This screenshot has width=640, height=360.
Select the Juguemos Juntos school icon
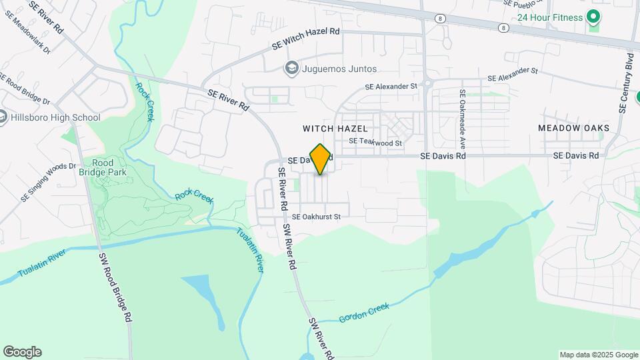click(x=291, y=68)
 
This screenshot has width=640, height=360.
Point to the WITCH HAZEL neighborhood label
click(x=335, y=127)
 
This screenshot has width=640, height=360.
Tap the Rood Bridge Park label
click(x=103, y=167)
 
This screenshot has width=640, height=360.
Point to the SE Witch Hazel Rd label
click(x=306, y=40)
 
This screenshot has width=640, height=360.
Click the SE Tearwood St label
click(x=375, y=142)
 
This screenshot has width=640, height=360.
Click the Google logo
click(x=22, y=351)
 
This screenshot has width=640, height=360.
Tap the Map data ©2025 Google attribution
click(x=598, y=355)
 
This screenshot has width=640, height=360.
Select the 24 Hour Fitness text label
click(x=550, y=17)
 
